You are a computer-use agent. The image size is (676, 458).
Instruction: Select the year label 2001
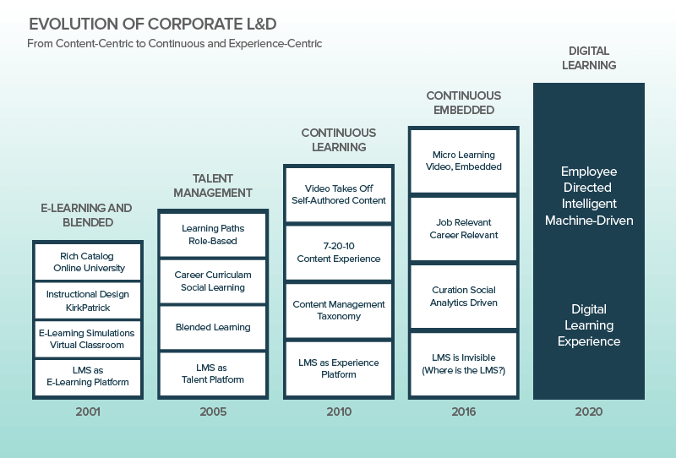point(87,412)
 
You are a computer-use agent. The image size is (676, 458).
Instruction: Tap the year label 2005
point(213,412)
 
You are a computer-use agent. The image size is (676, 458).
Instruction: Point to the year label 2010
point(338,412)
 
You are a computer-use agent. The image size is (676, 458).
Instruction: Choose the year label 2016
point(463,412)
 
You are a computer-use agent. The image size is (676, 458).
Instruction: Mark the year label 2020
point(589,412)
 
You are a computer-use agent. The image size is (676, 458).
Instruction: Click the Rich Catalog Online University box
point(88,262)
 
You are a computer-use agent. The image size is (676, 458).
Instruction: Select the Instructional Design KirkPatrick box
point(88,301)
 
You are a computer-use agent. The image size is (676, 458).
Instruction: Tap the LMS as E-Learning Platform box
point(88,376)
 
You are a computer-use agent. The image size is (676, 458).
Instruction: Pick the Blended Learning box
point(213,327)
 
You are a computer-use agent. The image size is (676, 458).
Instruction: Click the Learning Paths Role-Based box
point(213,234)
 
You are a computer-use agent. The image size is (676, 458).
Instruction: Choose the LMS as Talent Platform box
point(213,373)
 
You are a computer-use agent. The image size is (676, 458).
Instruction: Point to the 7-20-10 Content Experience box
point(338,253)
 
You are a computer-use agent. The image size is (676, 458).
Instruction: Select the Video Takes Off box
point(338,194)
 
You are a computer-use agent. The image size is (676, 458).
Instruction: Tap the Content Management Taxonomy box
point(338,310)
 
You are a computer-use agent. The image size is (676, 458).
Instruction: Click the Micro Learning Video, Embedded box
point(463,161)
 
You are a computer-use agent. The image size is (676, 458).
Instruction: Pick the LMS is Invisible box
point(463,364)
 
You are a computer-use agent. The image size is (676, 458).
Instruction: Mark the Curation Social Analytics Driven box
point(463,297)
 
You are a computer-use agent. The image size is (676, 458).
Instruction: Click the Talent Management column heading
point(213,186)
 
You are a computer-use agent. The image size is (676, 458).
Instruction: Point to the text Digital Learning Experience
point(589,325)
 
